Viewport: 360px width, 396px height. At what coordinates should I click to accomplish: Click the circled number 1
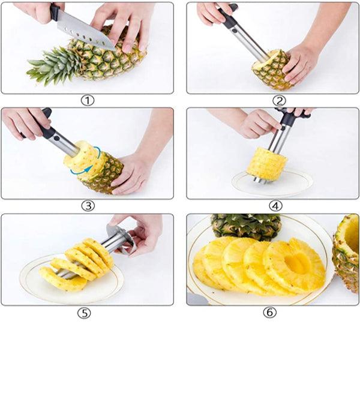[88, 101]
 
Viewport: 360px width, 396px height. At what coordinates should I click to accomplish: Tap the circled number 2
[279, 101]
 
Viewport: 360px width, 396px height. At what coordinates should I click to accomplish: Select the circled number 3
[88, 206]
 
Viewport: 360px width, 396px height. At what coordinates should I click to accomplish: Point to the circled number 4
[275, 206]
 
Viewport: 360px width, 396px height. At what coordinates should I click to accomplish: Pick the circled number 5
[84, 313]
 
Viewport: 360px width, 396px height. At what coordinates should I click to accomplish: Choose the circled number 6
[270, 313]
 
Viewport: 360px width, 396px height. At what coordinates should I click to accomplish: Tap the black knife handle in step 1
[55, 11]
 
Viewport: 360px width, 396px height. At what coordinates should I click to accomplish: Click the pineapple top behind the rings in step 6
[247, 227]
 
